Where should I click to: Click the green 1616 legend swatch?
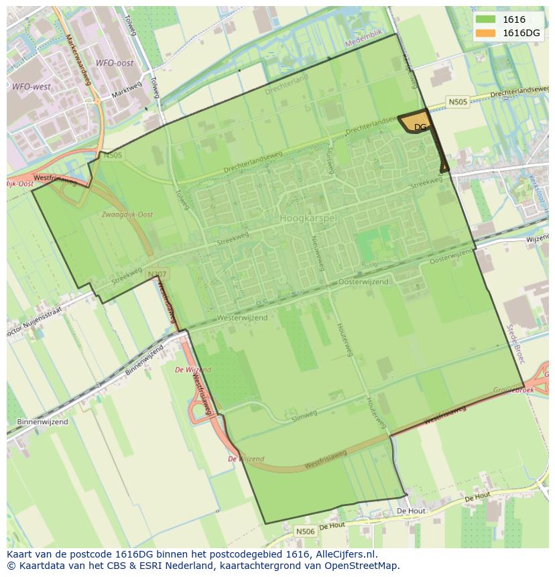click(485, 19)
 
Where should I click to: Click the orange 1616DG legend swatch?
click(485, 33)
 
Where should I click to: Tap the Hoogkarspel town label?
click(308, 218)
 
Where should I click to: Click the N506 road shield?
click(305, 531)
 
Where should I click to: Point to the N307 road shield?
click(157, 274)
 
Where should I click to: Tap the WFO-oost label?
click(114, 63)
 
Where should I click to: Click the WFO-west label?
click(31, 86)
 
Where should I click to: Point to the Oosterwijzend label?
click(363, 282)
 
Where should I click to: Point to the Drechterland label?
click(286, 85)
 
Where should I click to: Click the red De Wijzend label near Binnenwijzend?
click(193, 370)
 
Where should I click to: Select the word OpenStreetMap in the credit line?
click(365, 566)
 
